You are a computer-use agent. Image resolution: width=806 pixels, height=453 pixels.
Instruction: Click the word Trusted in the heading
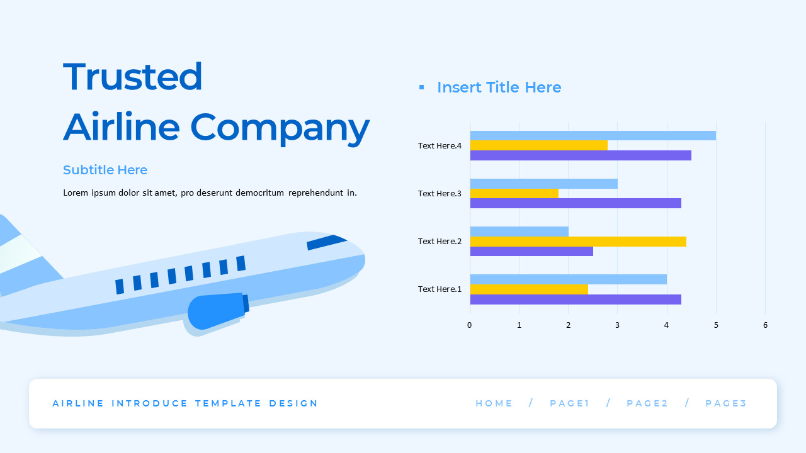pyautogui.click(x=133, y=77)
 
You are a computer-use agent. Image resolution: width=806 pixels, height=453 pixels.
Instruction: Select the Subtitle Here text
pyautogui.click(x=105, y=170)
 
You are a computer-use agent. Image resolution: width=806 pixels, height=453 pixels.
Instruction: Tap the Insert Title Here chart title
pyautogui.click(x=499, y=87)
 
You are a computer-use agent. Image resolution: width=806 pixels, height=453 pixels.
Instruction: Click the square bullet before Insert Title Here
pyautogui.click(x=422, y=87)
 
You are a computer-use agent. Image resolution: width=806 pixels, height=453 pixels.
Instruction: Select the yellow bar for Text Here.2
pyautogui.click(x=577, y=241)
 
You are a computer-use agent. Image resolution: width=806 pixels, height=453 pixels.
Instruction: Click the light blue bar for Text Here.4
pyautogui.click(x=593, y=135)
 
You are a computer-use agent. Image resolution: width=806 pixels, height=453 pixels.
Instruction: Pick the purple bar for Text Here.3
pyautogui.click(x=576, y=203)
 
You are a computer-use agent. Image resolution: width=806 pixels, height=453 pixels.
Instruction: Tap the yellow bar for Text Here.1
pyautogui.click(x=529, y=289)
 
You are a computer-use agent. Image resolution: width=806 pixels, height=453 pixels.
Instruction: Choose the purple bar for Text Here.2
pyautogui.click(x=531, y=251)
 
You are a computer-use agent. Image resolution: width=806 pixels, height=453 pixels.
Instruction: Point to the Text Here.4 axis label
pyautogui.click(x=440, y=145)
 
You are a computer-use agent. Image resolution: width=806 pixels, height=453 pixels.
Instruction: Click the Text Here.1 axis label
pyautogui.click(x=440, y=289)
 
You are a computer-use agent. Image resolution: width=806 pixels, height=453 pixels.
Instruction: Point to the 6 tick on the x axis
pyautogui.click(x=765, y=325)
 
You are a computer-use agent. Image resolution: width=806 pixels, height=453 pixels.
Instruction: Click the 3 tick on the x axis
pyautogui.click(x=617, y=325)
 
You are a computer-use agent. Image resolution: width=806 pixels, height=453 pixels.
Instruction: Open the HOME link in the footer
pyautogui.click(x=494, y=403)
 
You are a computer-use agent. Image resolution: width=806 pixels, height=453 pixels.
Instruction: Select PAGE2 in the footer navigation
pyautogui.click(x=647, y=403)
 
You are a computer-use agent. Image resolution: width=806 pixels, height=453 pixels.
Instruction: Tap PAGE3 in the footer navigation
pyautogui.click(x=726, y=403)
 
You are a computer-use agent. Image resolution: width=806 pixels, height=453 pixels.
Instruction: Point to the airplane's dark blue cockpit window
pyautogui.click(x=326, y=242)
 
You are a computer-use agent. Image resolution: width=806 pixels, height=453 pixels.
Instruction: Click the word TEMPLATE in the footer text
pyautogui.click(x=228, y=403)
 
